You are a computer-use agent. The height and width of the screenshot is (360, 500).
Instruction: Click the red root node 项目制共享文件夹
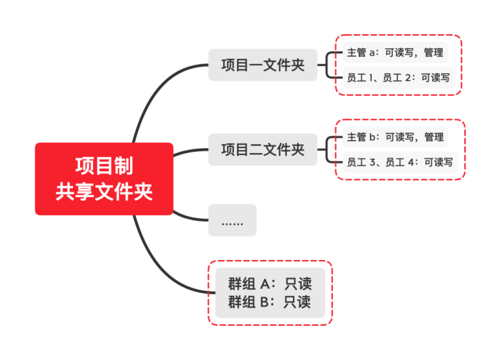[104, 179]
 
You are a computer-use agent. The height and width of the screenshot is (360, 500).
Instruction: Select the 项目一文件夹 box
[262, 65]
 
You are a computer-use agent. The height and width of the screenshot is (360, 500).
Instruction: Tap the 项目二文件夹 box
[262, 149]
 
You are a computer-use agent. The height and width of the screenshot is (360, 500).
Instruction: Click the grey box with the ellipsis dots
[232, 220]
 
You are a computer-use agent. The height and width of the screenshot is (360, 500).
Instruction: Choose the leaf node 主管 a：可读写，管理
[395, 52]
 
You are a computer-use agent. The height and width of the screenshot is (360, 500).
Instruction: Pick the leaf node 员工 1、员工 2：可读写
[398, 77]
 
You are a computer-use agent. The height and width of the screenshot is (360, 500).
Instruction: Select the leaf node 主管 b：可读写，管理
[395, 137]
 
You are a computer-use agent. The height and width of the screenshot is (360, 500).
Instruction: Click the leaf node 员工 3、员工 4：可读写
[400, 162]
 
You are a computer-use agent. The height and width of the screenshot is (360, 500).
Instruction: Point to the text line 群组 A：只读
[270, 284]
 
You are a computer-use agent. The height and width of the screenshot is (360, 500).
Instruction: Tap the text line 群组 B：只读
[269, 302]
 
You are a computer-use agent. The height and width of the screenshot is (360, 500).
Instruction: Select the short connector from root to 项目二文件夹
[190, 151]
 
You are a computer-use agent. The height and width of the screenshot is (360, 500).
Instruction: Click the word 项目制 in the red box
[104, 166]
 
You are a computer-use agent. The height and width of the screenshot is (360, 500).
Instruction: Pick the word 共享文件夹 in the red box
[104, 192]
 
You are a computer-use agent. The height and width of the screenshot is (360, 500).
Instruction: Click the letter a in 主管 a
[372, 53]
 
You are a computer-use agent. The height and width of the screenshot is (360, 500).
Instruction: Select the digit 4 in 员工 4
[411, 162]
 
